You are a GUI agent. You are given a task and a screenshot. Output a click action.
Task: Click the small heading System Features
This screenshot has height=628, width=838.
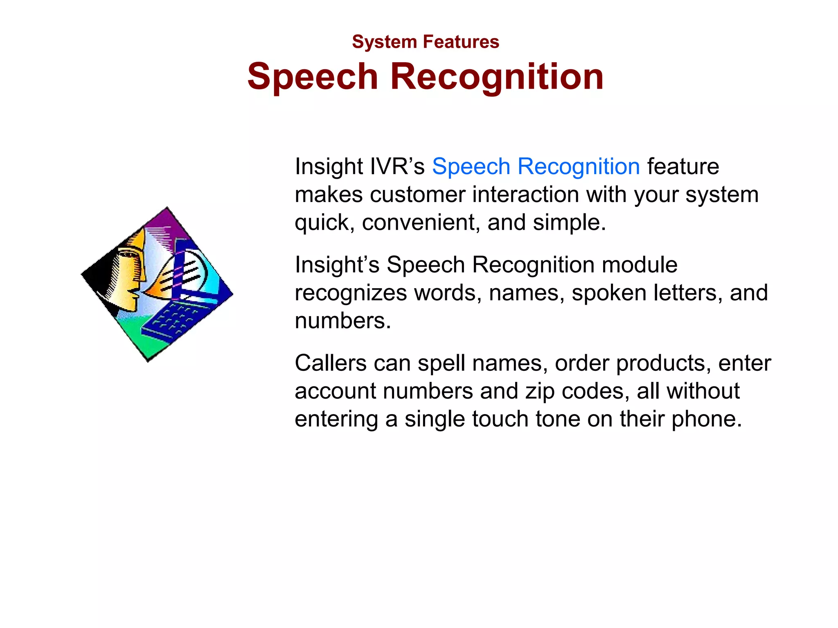pos(425,42)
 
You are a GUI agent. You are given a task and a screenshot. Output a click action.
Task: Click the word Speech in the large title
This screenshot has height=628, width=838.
pos(313,76)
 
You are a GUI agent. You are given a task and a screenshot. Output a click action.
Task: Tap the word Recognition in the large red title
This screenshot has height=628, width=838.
pos(497,76)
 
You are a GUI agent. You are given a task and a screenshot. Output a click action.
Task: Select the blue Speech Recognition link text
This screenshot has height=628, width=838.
pos(536,166)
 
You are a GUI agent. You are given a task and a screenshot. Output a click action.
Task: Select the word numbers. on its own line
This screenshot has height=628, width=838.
pos(342,321)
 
